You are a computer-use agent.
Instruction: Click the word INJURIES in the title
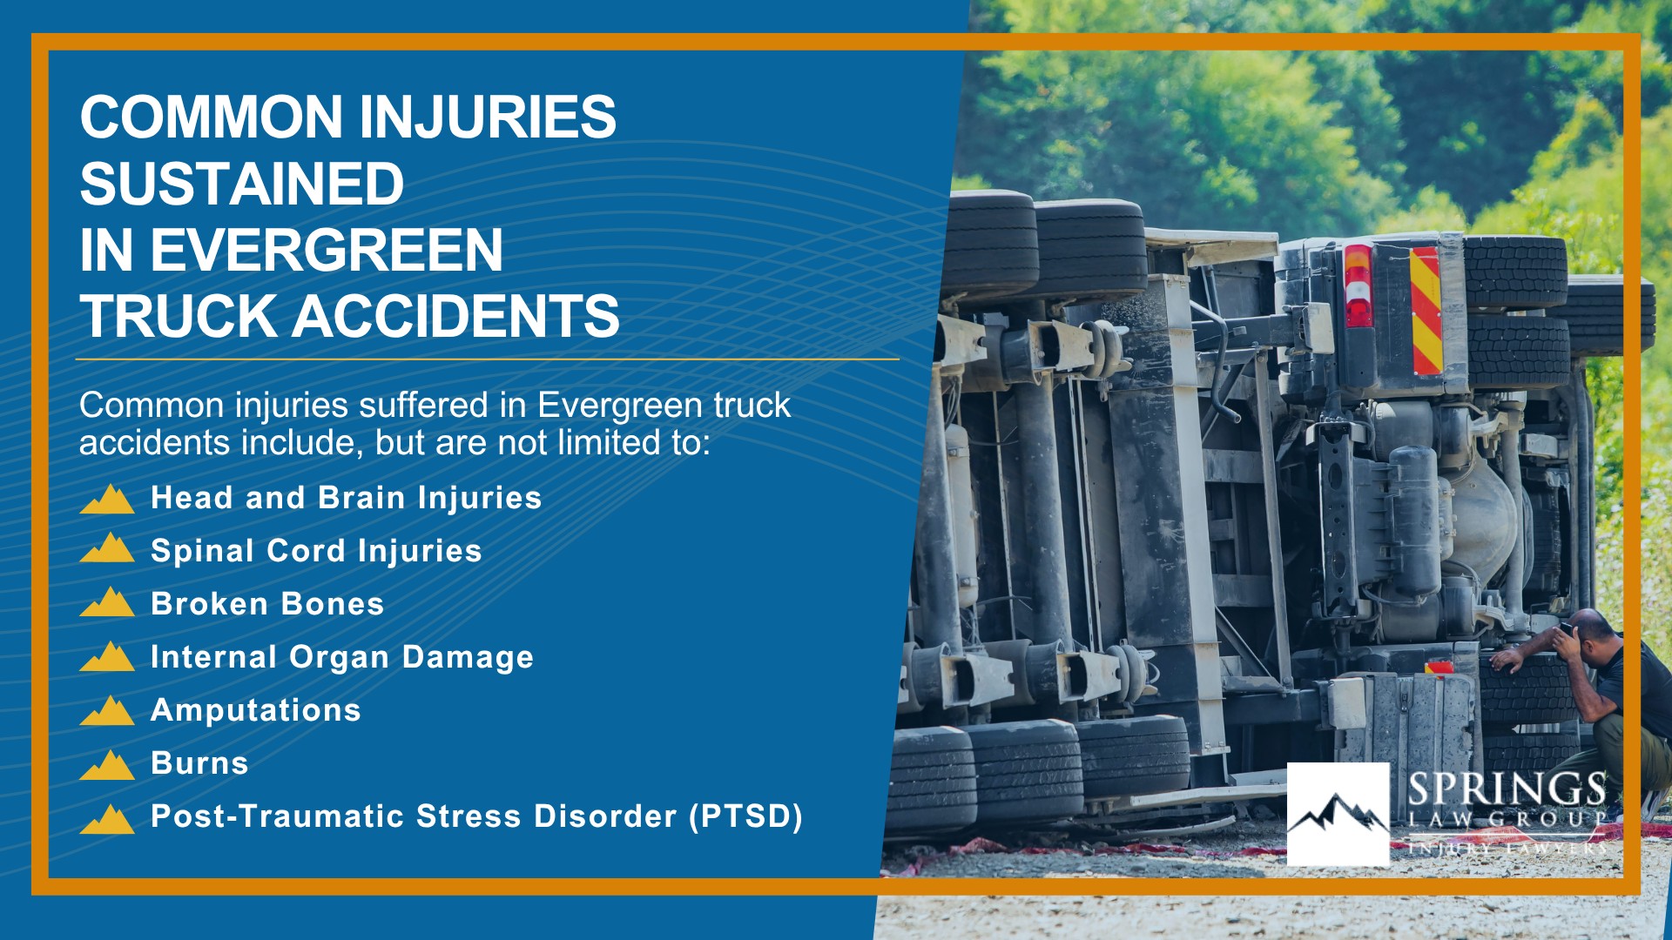point(487,117)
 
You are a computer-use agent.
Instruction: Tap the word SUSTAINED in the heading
point(242,184)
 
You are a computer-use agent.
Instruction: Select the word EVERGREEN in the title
point(327,251)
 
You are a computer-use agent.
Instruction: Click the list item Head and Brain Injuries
point(346,498)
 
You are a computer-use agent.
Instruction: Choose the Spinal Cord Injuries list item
point(316,551)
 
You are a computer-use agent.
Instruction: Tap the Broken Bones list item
point(267,604)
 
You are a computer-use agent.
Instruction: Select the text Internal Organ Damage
point(342,657)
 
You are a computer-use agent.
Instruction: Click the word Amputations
point(256,710)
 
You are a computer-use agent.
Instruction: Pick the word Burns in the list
point(199,763)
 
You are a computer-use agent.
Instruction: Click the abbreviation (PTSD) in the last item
point(746,816)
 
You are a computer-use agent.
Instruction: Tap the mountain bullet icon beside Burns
point(107,765)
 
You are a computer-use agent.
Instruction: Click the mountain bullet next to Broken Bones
point(107,602)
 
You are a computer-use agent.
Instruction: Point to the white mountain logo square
point(1338,814)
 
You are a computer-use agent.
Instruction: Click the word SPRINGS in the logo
point(1507,789)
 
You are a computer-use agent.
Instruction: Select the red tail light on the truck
point(1358,285)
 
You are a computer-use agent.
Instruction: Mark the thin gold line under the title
point(487,359)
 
